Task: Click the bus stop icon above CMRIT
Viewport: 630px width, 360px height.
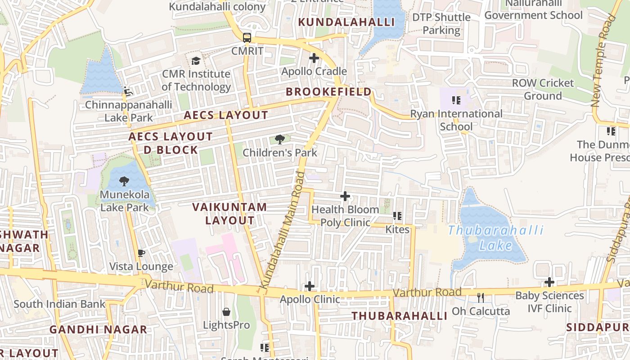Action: (x=247, y=37)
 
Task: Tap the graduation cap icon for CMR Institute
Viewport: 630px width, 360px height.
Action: (x=196, y=61)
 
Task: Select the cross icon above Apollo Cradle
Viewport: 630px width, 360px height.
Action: (x=314, y=58)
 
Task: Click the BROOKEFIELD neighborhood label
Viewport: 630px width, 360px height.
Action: (x=329, y=92)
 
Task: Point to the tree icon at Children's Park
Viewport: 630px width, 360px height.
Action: (x=280, y=139)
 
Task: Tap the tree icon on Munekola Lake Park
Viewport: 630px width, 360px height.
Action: (x=124, y=181)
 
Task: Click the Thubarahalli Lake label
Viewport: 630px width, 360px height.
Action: (x=495, y=238)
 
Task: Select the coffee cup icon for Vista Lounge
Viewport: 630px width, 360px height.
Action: (x=141, y=253)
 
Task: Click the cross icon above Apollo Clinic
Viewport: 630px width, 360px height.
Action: (x=310, y=286)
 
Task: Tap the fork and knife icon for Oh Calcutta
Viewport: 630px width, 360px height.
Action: (x=481, y=298)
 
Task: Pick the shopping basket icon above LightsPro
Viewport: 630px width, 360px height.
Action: (x=226, y=312)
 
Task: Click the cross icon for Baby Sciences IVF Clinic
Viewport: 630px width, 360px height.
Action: (x=549, y=283)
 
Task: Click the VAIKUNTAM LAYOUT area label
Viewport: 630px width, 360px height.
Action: (x=229, y=214)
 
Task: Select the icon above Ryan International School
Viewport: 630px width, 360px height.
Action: (x=456, y=100)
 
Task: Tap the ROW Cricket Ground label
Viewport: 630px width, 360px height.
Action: (x=543, y=89)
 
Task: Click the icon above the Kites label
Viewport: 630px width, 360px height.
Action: (x=397, y=216)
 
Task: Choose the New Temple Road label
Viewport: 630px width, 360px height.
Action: (x=603, y=61)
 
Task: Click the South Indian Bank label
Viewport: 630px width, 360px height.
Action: (x=59, y=304)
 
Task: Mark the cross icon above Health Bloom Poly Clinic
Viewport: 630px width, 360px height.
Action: (x=345, y=196)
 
